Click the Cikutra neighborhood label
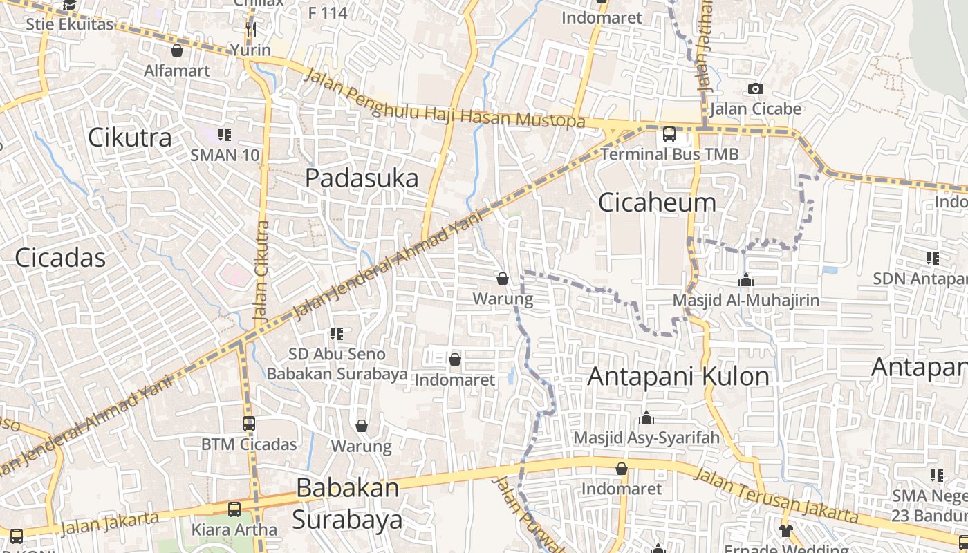(130, 138)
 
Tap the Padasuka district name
(362, 178)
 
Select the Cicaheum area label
(657, 203)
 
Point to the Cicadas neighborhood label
(60, 258)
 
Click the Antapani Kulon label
(678, 377)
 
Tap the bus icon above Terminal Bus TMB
(669, 134)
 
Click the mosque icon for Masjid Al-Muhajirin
(745, 280)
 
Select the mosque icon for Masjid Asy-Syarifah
(646, 418)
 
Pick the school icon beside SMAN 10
(224, 134)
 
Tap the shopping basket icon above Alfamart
(177, 50)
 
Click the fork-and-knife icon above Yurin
(251, 29)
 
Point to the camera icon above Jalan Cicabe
(755, 88)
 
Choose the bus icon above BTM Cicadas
(249, 424)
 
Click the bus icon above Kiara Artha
(234, 510)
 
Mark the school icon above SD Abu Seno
(337, 334)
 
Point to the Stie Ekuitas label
(69, 24)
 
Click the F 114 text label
(328, 12)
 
